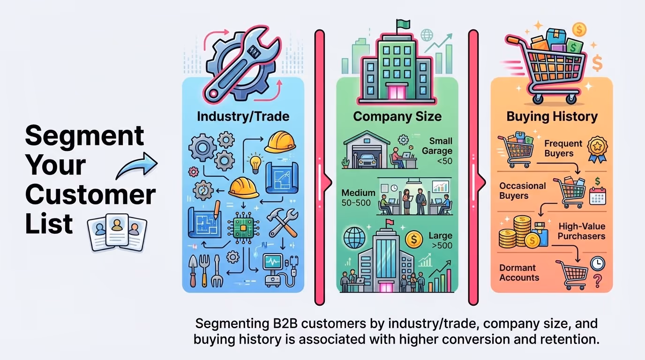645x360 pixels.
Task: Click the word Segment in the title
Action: pos(84,136)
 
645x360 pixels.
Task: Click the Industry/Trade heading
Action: pos(243,116)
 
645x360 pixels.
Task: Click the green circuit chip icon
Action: pos(242,228)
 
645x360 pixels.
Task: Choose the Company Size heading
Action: pos(397,116)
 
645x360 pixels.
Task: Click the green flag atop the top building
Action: pos(401,23)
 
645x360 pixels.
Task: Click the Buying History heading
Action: pos(552,116)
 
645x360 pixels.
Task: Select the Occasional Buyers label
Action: pos(522,190)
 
